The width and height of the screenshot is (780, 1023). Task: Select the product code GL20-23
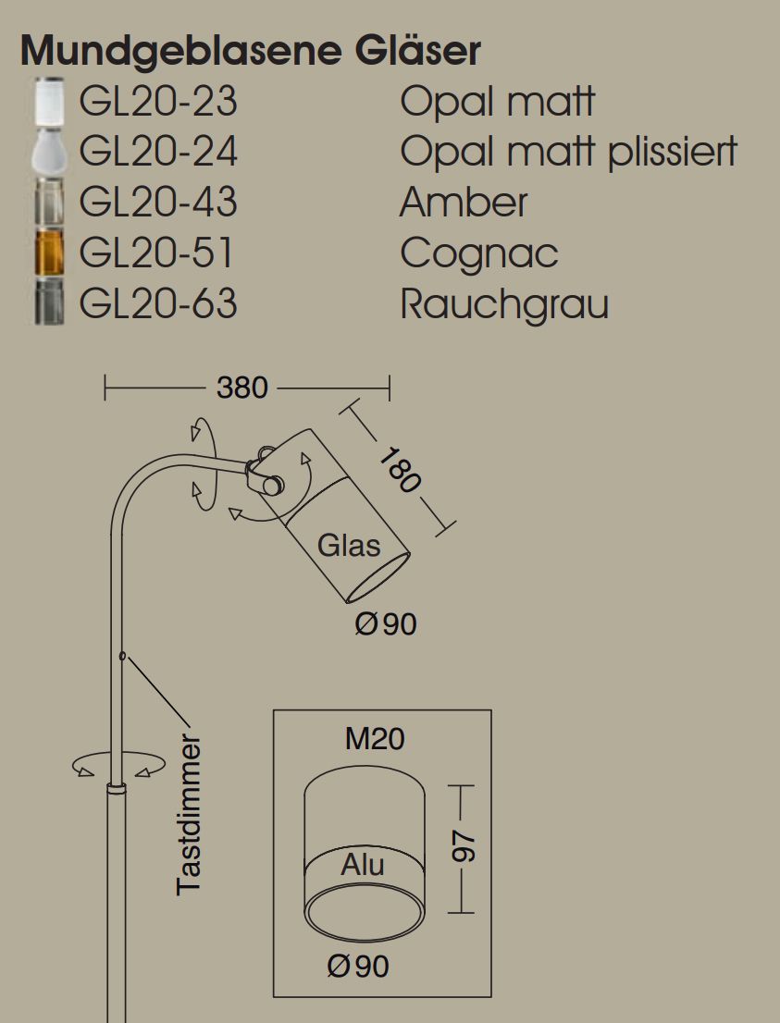point(158,102)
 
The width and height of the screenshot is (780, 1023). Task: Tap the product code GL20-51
point(156,253)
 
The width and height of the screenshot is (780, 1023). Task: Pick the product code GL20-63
point(158,303)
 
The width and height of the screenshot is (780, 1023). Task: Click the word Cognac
point(478,253)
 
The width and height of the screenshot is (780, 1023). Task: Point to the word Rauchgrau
point(503,303)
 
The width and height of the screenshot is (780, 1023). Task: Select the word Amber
point(464,203)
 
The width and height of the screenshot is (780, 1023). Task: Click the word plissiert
point(673,152)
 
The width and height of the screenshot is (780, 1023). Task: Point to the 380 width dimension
point(242,388)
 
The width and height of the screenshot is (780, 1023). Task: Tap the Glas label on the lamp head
point(349,546)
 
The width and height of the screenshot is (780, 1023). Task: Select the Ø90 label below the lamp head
point(386,624)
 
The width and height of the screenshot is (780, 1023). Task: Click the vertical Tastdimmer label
point(190,815)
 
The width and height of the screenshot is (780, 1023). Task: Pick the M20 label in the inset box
point(375,739)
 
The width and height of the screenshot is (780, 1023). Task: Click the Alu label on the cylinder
point(363,865)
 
